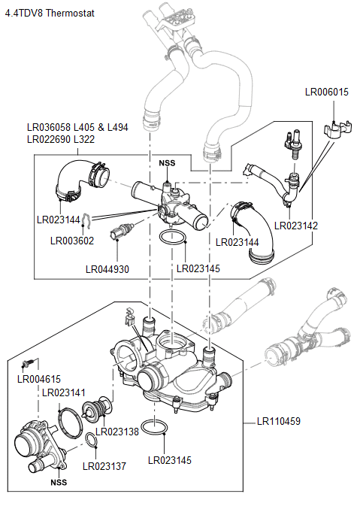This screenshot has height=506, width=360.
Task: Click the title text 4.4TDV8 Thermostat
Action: (x=50, y=14)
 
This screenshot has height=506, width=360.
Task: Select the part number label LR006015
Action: (x=326, y=92)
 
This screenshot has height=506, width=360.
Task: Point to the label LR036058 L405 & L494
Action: (x=77, y=128)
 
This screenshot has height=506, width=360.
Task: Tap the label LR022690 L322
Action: (x=60, y=139)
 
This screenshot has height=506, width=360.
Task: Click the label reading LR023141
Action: (x=64, y=392)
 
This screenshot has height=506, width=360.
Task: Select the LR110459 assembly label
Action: (x=278, y=421)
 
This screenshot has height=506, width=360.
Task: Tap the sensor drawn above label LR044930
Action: (x=123, y=232)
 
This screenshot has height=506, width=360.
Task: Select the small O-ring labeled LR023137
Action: (x=90, y=441)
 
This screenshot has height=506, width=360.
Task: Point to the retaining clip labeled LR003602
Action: (x=89, y=220)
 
